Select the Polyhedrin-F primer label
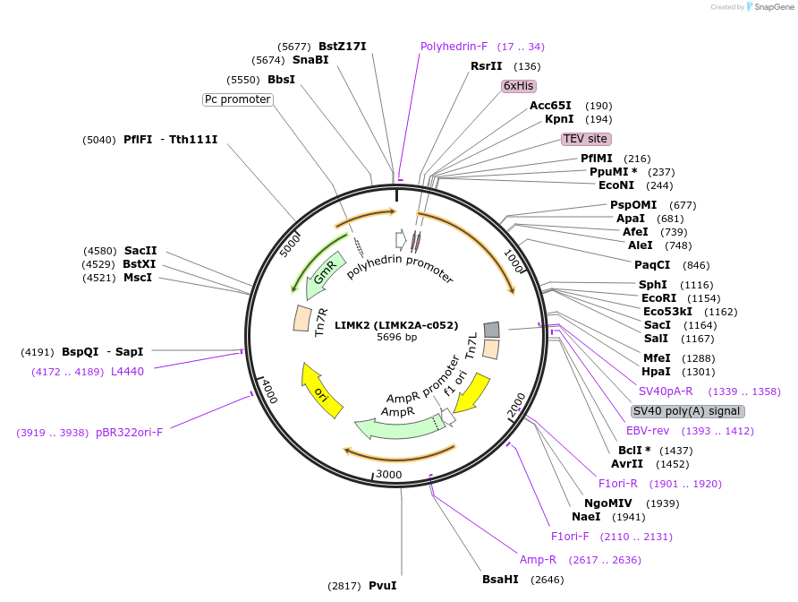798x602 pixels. [x=454, y=47]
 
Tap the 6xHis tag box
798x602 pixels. [x=518, y=86]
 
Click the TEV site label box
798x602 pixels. [x=586, y=139]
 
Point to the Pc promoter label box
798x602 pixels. [x=237, y=99]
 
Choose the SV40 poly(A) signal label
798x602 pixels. [x=687, y=411]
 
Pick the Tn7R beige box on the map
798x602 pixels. [x=301, y=318]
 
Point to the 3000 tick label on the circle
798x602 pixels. [x=388, y=474]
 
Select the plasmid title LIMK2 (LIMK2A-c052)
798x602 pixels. [x=396, y=325]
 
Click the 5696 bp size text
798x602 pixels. [x=396, y=338]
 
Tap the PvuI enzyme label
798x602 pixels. [x=382, y=586]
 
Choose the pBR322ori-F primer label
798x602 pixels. [x=129, y=433]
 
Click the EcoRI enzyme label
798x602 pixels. [x=659, y=298]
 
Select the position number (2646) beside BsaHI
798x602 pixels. [x=548, y=580]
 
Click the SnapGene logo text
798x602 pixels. [x=775, y=6]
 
